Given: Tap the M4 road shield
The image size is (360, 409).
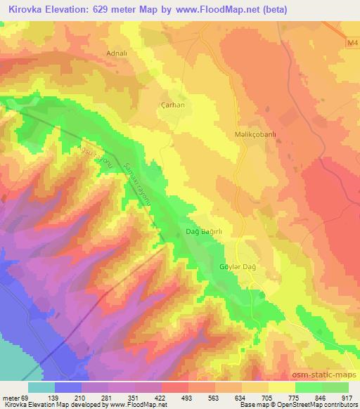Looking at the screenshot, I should coord(352,44).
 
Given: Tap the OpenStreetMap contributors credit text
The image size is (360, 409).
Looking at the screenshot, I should coord(314,405).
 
